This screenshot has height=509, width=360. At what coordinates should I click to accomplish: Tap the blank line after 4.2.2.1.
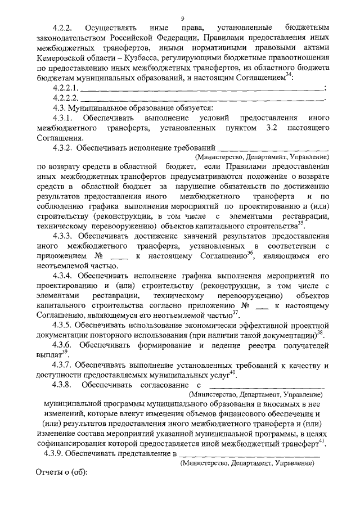(x=202, y=88)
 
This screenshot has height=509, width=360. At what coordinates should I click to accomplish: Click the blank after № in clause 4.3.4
(x=263, y=305)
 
